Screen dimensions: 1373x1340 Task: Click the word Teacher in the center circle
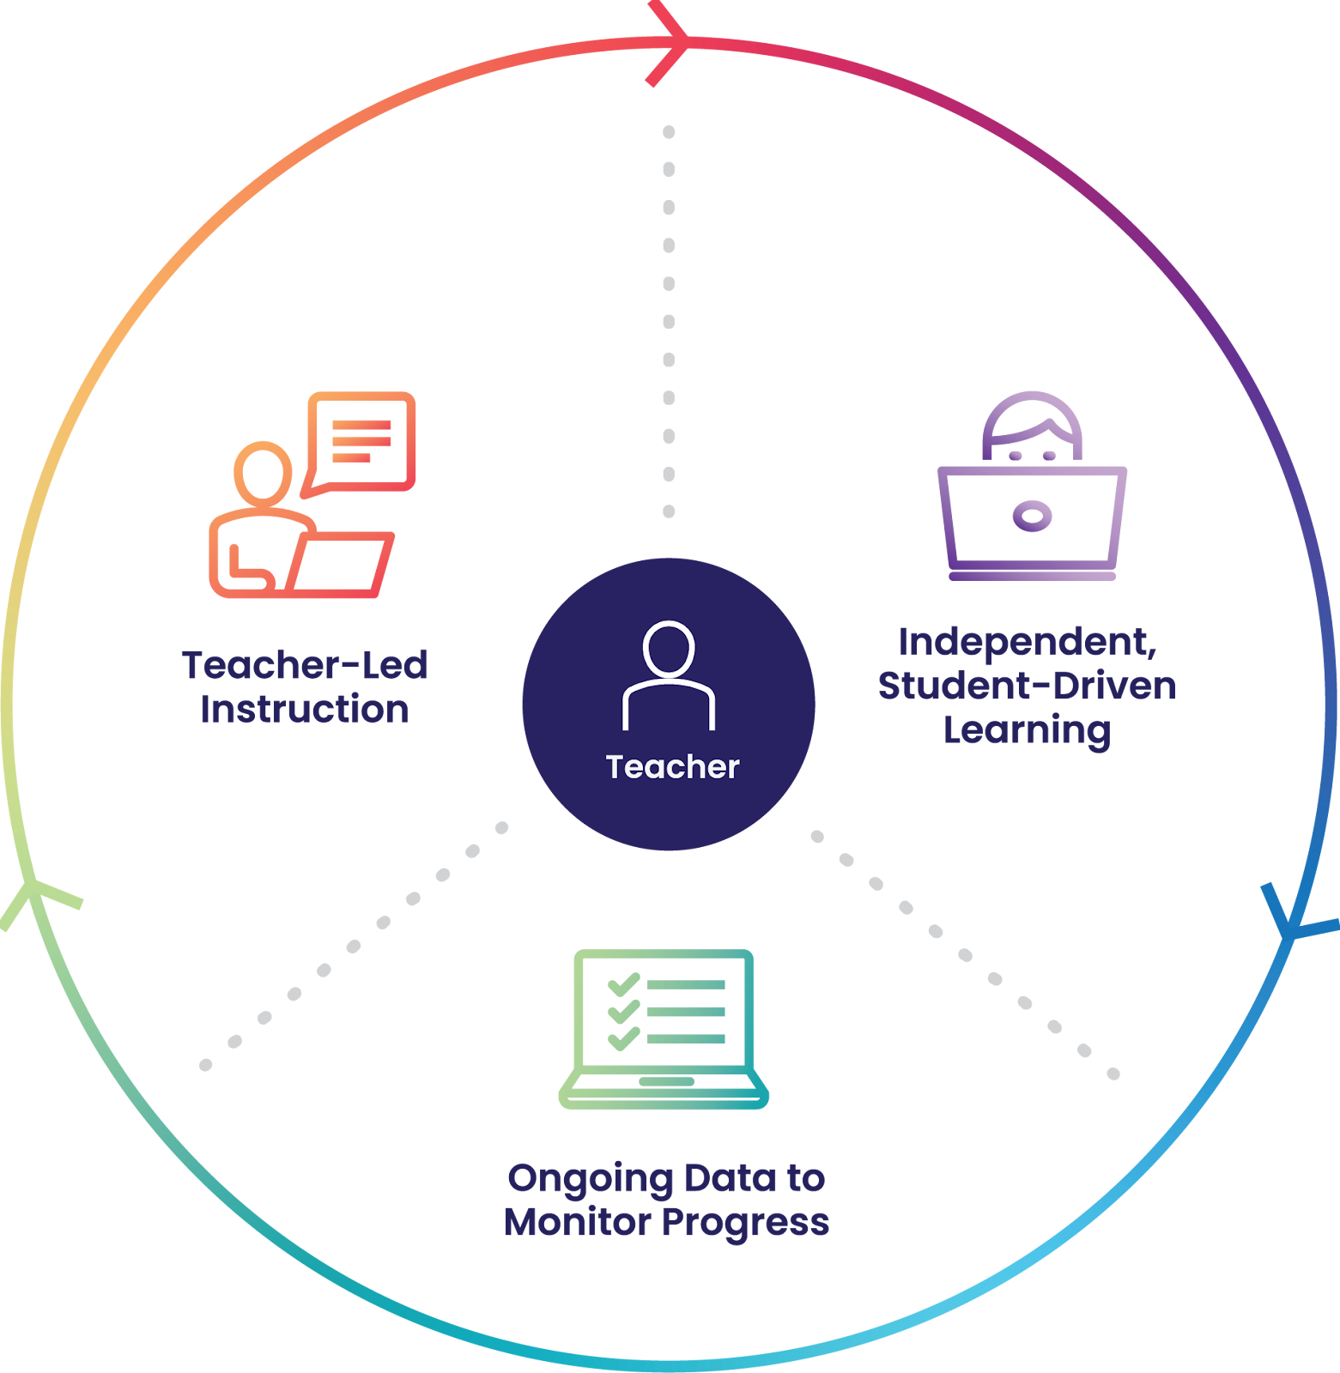pyautogui.click(x=672, y=766)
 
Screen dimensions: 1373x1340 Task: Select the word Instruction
pyautogui.click(x=305, y=710)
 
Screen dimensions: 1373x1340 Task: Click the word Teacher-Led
pyautogui.click(x=305, y=665)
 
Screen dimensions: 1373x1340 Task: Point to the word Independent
pyautogui.click(x=1027, y=642)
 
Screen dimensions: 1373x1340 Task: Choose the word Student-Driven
pyautogui.click(x=1027, y=686)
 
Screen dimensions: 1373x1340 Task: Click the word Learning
pyautogui.click(x=1027, y=730)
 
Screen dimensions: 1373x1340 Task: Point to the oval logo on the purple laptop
pyautogui.click(x=1032, y=516)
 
